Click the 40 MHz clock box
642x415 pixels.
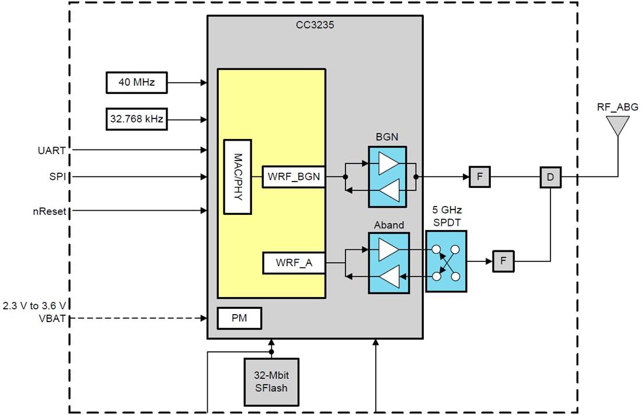[x=136, y=82]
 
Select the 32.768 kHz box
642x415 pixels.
[x=136, y=119]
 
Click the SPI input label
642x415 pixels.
[x=57, y=176]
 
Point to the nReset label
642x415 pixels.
[x=48, y=211]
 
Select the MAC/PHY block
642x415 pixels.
[x=238, y=177]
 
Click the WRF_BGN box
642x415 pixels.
[x=294, y=176]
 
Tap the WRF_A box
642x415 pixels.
[x=294, y=263]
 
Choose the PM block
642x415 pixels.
[x=239, y=318]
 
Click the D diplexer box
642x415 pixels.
[x=550, y=177]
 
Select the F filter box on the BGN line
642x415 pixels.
[x=480, y=177]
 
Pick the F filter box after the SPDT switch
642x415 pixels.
[x=503, y=261]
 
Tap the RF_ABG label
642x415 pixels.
[x=617, y=107]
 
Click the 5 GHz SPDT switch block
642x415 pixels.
[x=446, y=261]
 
